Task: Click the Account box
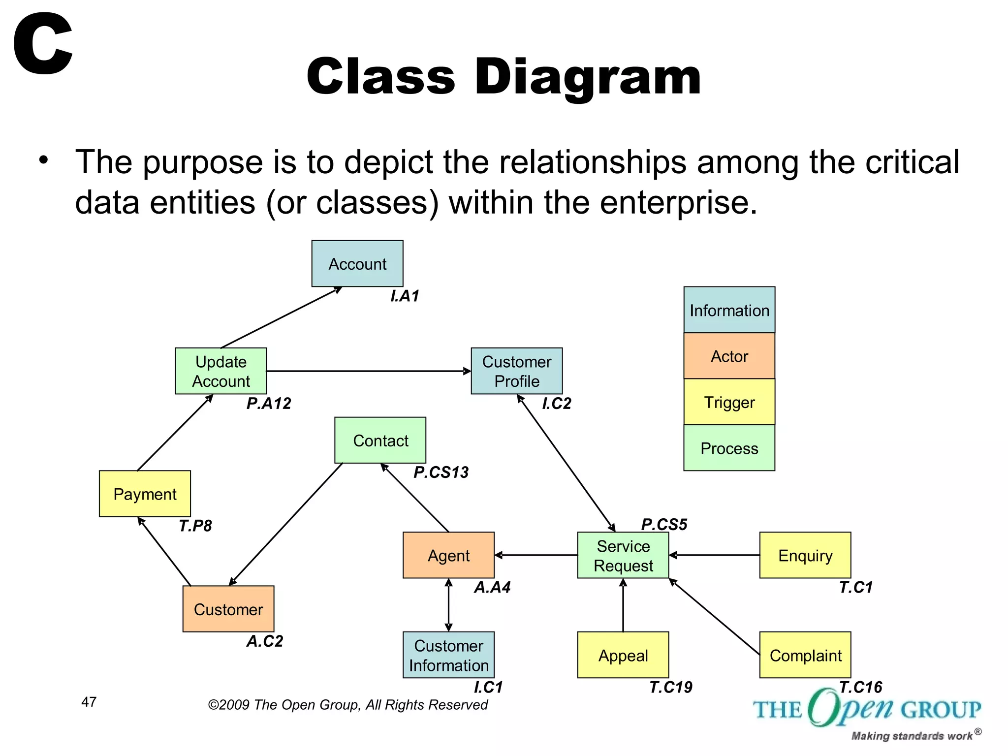pyautogui.click(x=357, y=263)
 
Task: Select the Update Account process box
pyautogui.click(x=221, y=371)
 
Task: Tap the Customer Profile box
pyautogui.click(x=517, y=371)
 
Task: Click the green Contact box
pyautogui.click(x=380, y=441)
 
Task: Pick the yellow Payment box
pyautogui.click(x=145, y=494)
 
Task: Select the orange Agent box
pyautogui.click(x=448, y=555)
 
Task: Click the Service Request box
pyautogui.click(x=623, y=555)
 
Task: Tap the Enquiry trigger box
pyautogui.click(x=805, y=555)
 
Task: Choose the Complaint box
pyautogui.click(x=805, y=655)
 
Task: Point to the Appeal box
pyautogui.click(x=623, y=655)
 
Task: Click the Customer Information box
pyautogui.click(x=448, y=655)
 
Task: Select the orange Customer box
pyautogui.click(x=228, y=609)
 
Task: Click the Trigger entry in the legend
pyautogui.click(x=729, y=402)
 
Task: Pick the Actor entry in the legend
pyautogui.click(x=729, y=356)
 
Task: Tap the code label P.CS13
pyautogui.click(x=441, y=472)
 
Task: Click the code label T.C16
pyautogui.click(x=860, y=687)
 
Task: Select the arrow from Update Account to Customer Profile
pyautogui.click(x=369, y=371)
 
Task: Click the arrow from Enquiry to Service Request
pyautogui.click(x=714, y=555)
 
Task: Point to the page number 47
pyautogui.click(x=89, y=702)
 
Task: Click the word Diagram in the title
pyautogui.click(x=588, y=77)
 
